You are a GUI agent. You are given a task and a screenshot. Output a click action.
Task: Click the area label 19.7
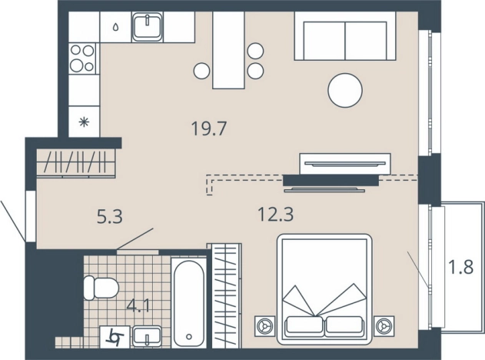coord(209,128)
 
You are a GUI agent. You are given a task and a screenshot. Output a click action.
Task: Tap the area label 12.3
coord(276,214)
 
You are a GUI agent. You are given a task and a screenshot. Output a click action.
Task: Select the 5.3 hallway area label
coord(110,216)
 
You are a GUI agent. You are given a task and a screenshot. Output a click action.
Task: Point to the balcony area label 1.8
coord(461,267)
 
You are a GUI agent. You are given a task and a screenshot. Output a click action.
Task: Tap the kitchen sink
coord(148,27)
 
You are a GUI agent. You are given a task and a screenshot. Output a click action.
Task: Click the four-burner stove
coord(82,58)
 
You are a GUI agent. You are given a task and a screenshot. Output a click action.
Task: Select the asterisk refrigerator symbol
coord(84,122)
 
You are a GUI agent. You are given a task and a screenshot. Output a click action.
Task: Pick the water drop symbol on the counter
coord(116,27)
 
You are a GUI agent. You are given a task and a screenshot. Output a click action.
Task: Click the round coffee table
coord(345,91)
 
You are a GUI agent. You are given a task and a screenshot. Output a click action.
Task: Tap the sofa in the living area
coord(345,36)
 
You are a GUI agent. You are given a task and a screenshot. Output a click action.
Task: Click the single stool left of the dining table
coord(202,71)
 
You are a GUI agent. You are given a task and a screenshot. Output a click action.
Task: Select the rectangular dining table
coord(228,50)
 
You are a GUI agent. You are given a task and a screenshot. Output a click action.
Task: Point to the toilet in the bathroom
coord(101,288)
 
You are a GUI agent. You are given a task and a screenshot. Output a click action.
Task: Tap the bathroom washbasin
coord(147,336)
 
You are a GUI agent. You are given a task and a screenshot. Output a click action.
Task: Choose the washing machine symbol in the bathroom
coord(115,337)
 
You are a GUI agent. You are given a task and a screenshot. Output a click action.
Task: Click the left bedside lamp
coord(264,326)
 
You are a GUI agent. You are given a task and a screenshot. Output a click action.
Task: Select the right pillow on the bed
coord(344,326)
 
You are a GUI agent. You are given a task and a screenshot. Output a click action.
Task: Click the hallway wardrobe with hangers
coord(76,162)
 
